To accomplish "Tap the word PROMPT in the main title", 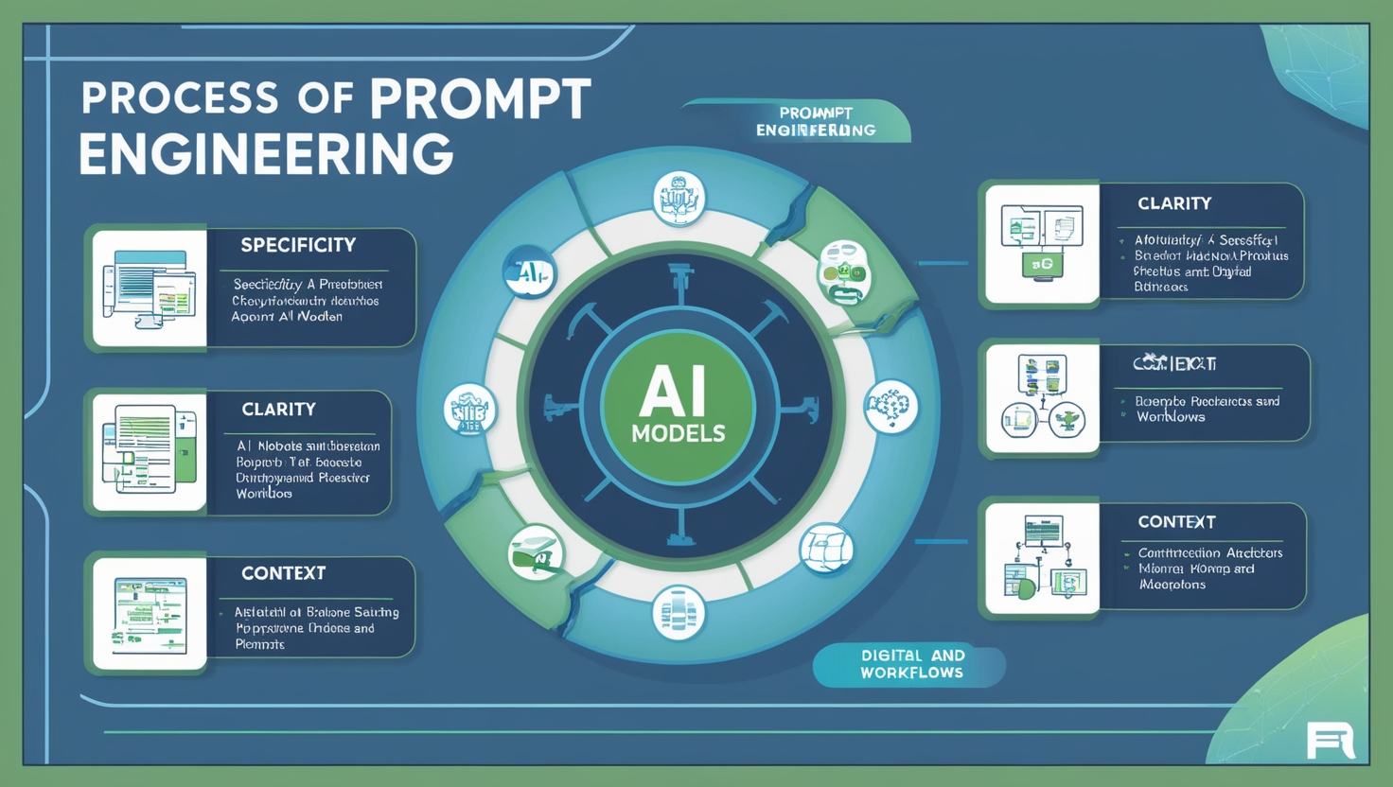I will pos(480,98).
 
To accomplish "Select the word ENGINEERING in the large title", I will pos(266,153).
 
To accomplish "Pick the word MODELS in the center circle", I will pos(678,434).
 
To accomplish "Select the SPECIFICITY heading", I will pos(298,246).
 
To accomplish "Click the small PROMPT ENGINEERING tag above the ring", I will pos(815,122).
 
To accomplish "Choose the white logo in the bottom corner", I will pos(1330,741).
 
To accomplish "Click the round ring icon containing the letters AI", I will pos(529,274).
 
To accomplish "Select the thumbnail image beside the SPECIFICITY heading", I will pos(149,289).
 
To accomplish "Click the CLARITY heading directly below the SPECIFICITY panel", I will pos(278,410).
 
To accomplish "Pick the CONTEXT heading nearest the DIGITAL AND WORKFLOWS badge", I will pos(1176,522).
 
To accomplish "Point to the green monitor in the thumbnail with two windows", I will pos(1042,265).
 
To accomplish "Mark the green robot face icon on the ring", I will pos(843,271).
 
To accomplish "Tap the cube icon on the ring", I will pos(826,549).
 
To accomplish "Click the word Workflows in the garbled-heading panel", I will pos(1171,417).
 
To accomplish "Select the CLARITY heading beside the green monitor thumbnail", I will pos(1174,203).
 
